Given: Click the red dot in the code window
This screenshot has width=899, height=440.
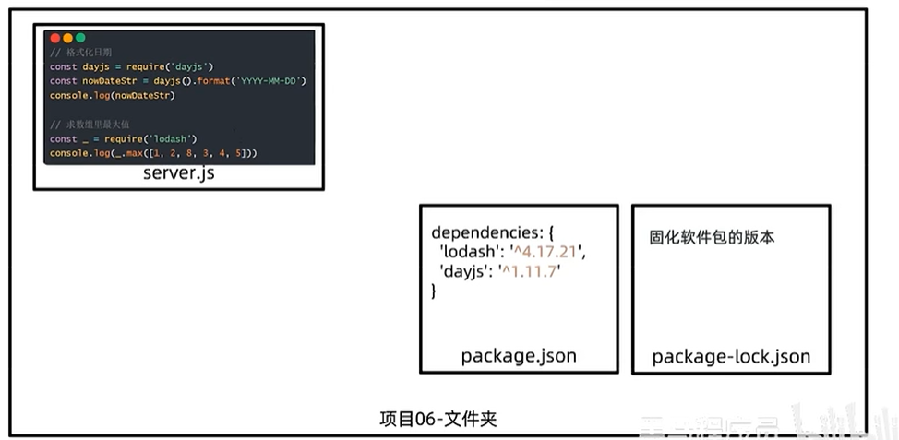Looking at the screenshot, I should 54,38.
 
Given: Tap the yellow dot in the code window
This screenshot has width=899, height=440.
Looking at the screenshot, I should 67,38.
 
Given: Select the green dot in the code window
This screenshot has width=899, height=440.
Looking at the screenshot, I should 80,38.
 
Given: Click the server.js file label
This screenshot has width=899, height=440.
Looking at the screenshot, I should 178,173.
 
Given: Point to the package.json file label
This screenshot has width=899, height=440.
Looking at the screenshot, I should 518,356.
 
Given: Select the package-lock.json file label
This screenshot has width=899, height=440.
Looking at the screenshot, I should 731,356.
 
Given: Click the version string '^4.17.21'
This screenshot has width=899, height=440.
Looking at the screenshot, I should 554,251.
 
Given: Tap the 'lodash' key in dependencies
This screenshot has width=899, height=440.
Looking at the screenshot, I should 466,251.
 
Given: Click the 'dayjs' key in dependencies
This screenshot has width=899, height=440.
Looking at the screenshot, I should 464,271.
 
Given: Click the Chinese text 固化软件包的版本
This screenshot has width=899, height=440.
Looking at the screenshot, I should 712,237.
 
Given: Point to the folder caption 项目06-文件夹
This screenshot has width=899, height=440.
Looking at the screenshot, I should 438,419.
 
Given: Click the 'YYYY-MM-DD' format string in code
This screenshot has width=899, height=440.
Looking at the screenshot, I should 270,81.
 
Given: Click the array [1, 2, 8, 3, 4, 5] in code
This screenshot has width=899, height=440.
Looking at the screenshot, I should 189,152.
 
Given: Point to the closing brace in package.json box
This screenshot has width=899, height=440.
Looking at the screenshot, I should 434,291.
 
